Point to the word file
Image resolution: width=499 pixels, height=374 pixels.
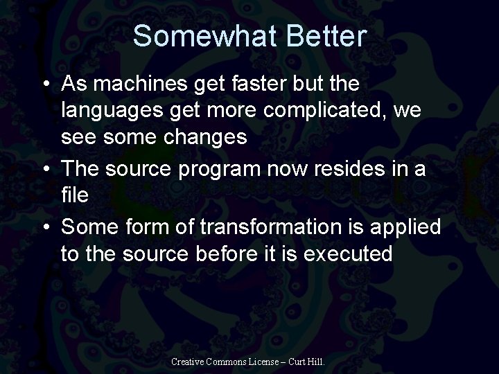74,195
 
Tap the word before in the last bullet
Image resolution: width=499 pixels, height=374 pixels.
220,253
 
